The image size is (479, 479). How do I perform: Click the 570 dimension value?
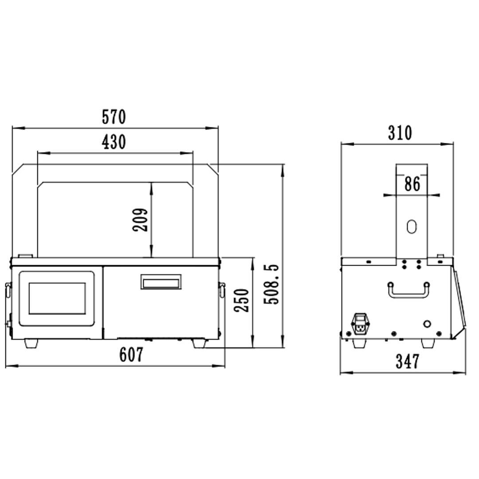pos(114,117)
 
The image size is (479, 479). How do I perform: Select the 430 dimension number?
pos(114,142)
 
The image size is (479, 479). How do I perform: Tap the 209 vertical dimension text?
pos(140,220)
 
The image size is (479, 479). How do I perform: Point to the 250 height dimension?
pos(242,300)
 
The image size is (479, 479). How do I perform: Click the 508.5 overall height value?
pos(271,284)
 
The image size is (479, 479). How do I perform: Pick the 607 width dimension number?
pos(131,354)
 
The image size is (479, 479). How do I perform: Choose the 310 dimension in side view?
pos(400,133)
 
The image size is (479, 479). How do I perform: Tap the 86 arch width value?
pos(412,184)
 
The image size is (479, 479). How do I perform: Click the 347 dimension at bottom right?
pos(408,361)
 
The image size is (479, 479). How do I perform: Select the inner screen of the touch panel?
pos(57,298)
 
